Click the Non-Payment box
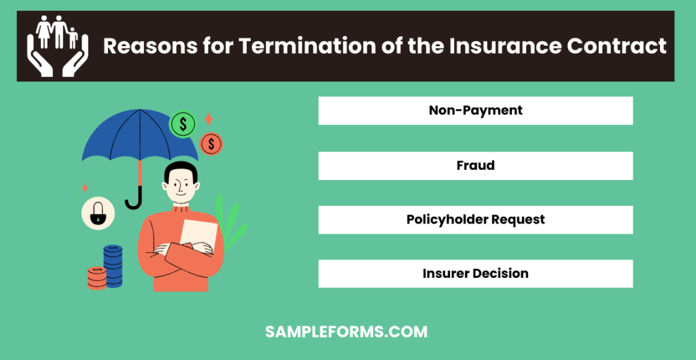click(475, 111)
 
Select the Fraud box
click(475, 166)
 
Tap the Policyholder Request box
click(475, 220)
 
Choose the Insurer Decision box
click(475, 274)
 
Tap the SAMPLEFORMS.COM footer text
click(346, 332)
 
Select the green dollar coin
click(182, 124)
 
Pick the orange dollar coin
click(211, 144)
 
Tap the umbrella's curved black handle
click(135, 201)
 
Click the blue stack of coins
click(113, 266)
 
